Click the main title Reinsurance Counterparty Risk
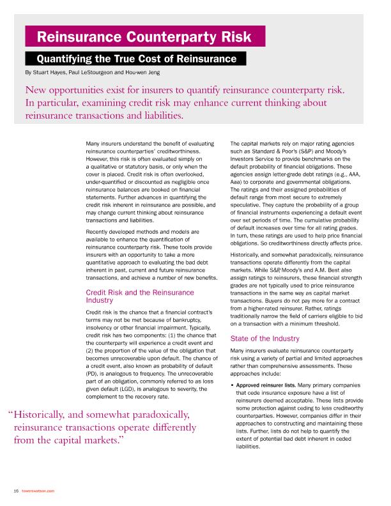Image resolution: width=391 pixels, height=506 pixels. tap(144, 36)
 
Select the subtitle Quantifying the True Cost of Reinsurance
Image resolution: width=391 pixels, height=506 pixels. tap(136, 59)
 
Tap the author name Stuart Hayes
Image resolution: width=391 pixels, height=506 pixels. tap(49, 73)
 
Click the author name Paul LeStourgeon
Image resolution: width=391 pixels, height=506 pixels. tap(96, 73)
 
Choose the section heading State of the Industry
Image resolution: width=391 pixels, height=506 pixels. tap(264, 338)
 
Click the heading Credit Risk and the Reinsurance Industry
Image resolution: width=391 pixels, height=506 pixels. tap(139, 296)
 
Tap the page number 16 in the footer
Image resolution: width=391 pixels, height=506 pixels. tap(15, 491)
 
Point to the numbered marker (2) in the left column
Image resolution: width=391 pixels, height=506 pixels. tap(90, 351)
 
